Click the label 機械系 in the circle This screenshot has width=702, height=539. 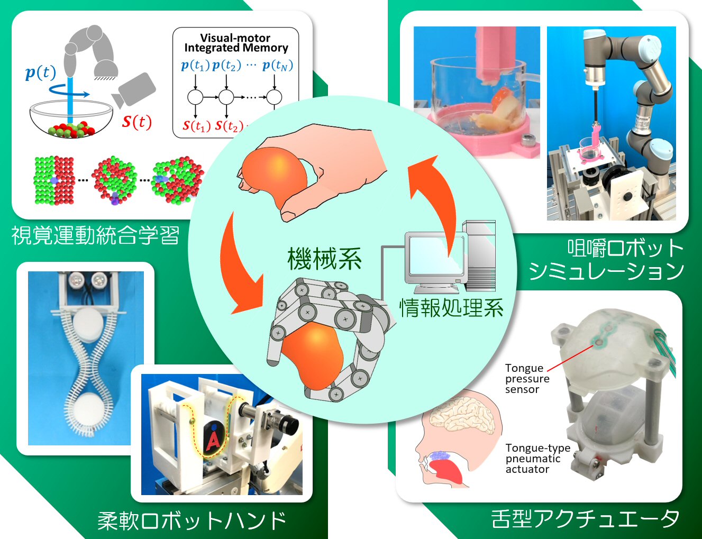pyautogui.click(x=324, y=259)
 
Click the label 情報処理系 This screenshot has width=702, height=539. pyautogui.click(x=451, y=307)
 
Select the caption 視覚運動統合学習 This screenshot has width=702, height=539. pyautogui.click(x=96, y=235)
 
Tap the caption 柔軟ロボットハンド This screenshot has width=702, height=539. pyautogui.click(x=192, y=520)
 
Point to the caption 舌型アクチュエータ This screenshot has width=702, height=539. pyautogui.click(x=585, y=518)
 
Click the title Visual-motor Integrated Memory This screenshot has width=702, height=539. pyautogui.click(x=236, y=43)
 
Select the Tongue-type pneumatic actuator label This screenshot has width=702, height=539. pyautogui.click(x=537, y=458)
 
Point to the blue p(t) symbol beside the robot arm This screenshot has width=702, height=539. pyautogui.click(x=40, y=72)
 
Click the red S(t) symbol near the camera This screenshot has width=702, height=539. pyautogui.click(x=136, y=122)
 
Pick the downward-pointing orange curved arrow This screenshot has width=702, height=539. pyautogui.click(x=241, y=264)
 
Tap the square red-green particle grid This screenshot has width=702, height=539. pyautogui.click(x=54, y=180)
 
